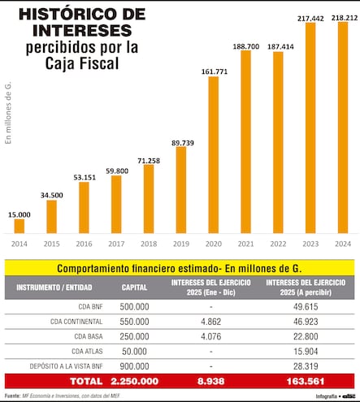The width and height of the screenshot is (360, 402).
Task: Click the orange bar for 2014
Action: (20, 226)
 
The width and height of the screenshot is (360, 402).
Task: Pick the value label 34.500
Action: (52, 195)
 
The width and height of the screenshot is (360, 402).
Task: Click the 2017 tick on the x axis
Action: (116, 243)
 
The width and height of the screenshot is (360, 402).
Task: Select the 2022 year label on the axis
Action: (278, 243)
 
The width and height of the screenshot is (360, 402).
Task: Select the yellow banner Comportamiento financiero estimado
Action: (180, 267)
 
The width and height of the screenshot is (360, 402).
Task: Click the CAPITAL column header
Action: (134, 287)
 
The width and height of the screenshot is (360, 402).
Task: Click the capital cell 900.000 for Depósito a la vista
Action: (134, 365)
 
